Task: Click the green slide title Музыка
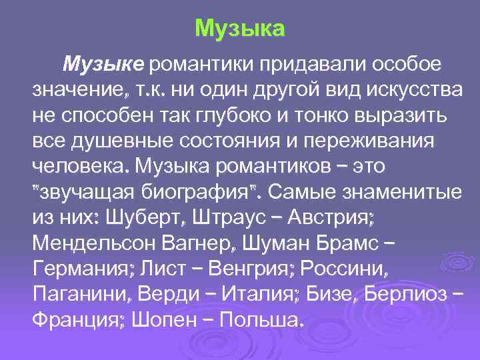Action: coord(240,29)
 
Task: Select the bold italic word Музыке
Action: coord(103,65)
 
